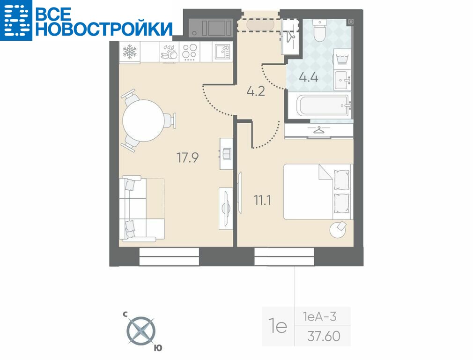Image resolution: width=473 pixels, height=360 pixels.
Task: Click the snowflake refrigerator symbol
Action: [130, 52]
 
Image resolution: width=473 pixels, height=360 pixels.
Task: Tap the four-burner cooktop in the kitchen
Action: [190, 52]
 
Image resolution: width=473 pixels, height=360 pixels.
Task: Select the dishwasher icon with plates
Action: [169, 52]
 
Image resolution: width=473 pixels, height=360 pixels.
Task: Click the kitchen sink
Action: [222, 52]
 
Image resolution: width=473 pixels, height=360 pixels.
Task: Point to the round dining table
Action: [144, 120]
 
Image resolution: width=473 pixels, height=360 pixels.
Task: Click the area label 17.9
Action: [187, 157]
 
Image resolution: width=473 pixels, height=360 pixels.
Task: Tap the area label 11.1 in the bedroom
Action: [262, 200]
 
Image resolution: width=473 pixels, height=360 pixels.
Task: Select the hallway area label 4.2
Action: [256, 91]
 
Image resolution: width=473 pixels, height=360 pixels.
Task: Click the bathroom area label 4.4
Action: [308, 77]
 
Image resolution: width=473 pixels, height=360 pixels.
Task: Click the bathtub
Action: [323, 105]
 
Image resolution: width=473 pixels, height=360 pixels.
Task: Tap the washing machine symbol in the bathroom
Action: [342, 58]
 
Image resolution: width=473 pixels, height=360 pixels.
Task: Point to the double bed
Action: [318, 191]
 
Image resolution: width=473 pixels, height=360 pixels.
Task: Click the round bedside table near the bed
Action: [338, 230]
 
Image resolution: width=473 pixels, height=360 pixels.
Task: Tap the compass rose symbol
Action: [140, 331]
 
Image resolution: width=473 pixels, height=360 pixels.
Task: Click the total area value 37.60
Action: [324, 336]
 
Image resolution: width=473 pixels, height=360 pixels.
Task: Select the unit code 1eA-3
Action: [320, 317]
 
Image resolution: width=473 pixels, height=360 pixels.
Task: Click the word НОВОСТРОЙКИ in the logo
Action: [104, 29]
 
